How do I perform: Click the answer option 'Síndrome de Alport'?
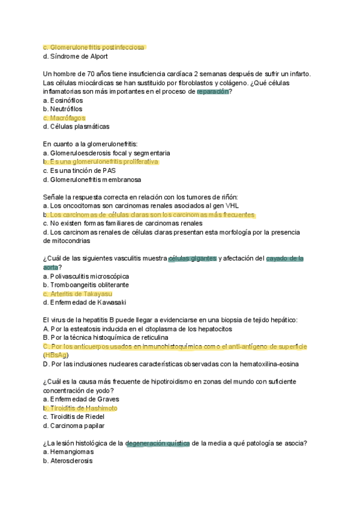pos(79,56)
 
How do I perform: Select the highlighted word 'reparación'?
pos(213,92)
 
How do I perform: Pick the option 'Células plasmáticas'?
pos(80,127)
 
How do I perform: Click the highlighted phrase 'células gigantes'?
pos(193,259)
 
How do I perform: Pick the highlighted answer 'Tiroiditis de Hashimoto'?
pos(83,408)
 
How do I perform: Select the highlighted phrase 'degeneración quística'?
pos(158,444)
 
